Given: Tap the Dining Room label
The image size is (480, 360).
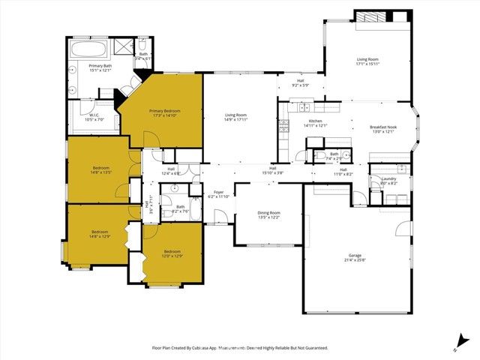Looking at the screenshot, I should click(x=268, y=214).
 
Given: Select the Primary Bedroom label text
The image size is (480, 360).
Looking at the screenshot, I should click(x=164, y=113).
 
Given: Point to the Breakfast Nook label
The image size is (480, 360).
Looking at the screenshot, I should click(x=383, y=130).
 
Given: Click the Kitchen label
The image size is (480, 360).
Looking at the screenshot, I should click(x=316, y=124).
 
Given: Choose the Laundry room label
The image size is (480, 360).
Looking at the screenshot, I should click(x=388, y=180).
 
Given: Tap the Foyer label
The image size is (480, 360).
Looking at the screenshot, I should click(x=219, y=194).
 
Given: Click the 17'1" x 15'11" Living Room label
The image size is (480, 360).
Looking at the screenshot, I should click(x=367, y=61).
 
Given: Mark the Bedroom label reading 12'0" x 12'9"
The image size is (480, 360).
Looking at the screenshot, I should click(x=172, y=253).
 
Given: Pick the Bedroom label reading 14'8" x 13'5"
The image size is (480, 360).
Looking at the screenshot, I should click(x=101, y=169).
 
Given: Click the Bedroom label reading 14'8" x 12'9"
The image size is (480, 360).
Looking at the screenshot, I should click(x=100, y=234).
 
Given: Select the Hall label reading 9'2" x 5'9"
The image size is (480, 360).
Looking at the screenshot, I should click(x=300, y=82).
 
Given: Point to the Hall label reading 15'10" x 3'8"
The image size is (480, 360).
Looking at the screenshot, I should click(x=273, y=171).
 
